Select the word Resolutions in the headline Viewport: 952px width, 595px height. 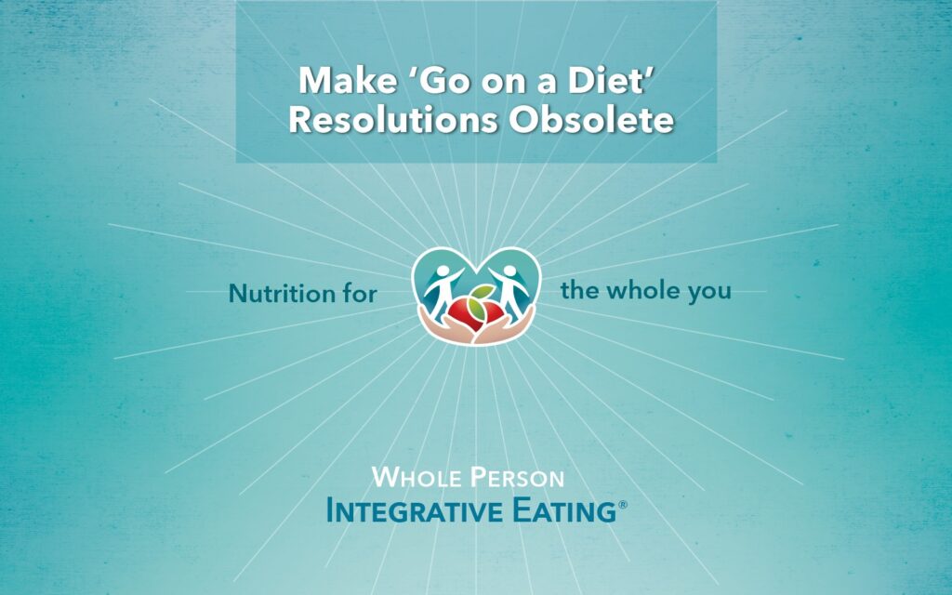pos(393,120)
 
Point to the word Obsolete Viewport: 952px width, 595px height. pos(591,120)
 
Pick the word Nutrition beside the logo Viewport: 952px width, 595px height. pos(283,294)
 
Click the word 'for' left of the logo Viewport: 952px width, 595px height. pos(360,294)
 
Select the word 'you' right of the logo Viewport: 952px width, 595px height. pos(709,293)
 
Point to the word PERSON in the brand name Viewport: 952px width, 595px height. pos(517,478)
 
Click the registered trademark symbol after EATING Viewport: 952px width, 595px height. pos(622,505)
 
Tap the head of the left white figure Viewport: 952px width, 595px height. pos(443,271)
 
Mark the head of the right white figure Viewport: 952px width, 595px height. pos(509,271)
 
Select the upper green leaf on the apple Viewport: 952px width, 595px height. pos(483,291)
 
